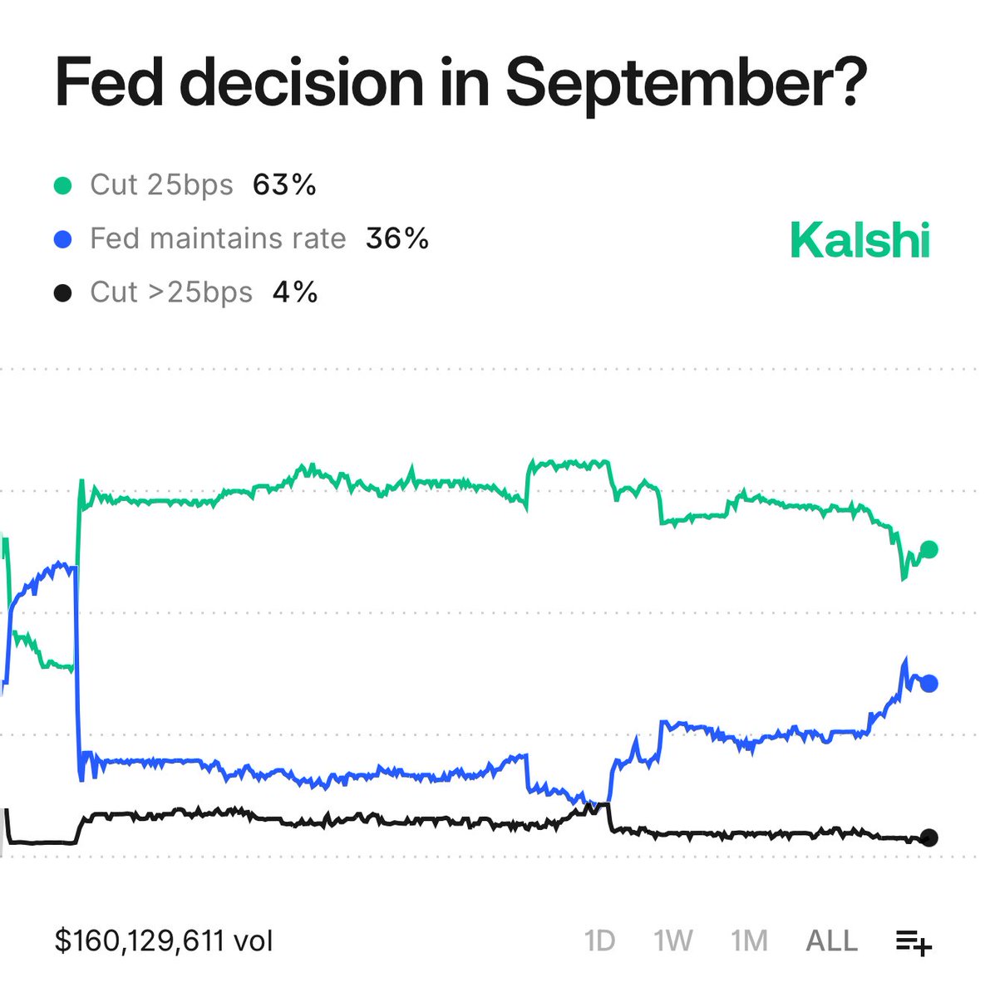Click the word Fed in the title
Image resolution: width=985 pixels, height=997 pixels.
pos(109,81)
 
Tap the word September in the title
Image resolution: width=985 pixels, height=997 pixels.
pos(686,83)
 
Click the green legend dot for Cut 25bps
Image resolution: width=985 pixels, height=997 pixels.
pos(62,185)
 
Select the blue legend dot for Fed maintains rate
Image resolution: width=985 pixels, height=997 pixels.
pos(62,239)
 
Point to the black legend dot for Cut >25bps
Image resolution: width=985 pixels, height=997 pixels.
pos(62,292)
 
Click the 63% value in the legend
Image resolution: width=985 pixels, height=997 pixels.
pos(284,184)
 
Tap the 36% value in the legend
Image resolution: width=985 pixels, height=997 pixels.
pos(397,238)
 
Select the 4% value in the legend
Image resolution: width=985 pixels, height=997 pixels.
pos(295,292)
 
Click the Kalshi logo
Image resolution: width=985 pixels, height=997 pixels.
pos(859,240)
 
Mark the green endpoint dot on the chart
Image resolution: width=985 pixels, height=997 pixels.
pos(929,549)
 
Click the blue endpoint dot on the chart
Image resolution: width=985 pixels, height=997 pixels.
pos(929,683)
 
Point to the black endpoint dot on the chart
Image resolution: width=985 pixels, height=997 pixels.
pos(929,837)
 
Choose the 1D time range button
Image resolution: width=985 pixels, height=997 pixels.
pos(599,941)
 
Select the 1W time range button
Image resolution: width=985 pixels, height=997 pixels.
pos(673,941)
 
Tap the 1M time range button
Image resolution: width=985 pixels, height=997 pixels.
pos(748,941)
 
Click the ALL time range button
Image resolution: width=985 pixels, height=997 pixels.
pos(831,941)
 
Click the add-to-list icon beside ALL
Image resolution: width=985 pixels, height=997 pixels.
pos(914,942)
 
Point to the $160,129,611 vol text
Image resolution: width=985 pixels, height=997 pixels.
pos(164,941)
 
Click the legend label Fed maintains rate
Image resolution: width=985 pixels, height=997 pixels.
pos(218,238)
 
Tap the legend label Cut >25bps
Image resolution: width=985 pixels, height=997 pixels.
pos(171,292)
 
